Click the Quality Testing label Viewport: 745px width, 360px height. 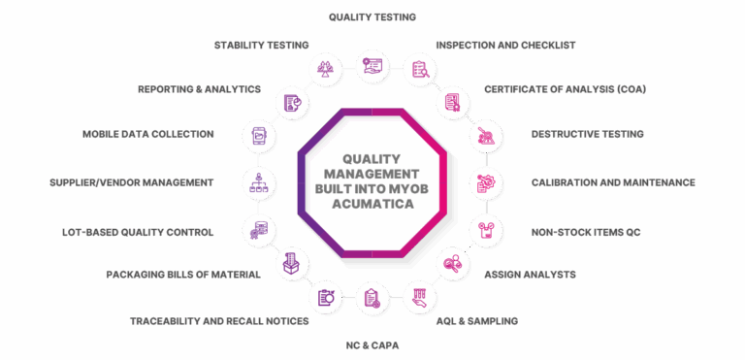pyautogui.click(x=372, y=17)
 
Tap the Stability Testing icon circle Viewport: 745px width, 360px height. pyautogui.click(x=326, y=67)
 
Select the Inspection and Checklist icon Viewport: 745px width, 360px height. pyautogui.click(x=420, y=69)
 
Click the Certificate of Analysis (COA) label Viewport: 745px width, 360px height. pyautogui.click(x=565, y=89)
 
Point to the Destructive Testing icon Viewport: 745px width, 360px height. pyautogui.click(x=486, y=136)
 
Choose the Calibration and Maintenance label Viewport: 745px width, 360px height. pyautogui.click(x=613, y=182)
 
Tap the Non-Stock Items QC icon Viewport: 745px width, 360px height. pyautogui.click(x=486, y=230)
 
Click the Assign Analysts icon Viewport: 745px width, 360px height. pyautogui.click(x=453, y=264)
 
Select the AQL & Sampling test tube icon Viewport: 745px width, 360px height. pyautogui.click(x=420, y=298)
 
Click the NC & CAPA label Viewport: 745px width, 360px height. pyautogui.click(x=372, y=345)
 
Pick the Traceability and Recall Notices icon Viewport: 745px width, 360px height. pyautogui.click(x=326, y=298)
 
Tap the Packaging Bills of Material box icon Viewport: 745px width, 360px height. pyautogui.click(x=292, y=264)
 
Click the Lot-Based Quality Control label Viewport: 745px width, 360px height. pyautogui.click(x=138, y=233)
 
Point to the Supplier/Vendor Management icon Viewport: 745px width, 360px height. pyautogui.click(x=259, y=183)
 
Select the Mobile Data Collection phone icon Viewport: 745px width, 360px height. pyautogui.click(x=259, y=136)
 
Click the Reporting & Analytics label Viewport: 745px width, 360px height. pyautogui.click(x=199, y=89)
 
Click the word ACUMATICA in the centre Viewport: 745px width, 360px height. pyautogui.click(x=372, y=204)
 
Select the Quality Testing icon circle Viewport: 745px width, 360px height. pyautogui.click(x=372, y=66)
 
